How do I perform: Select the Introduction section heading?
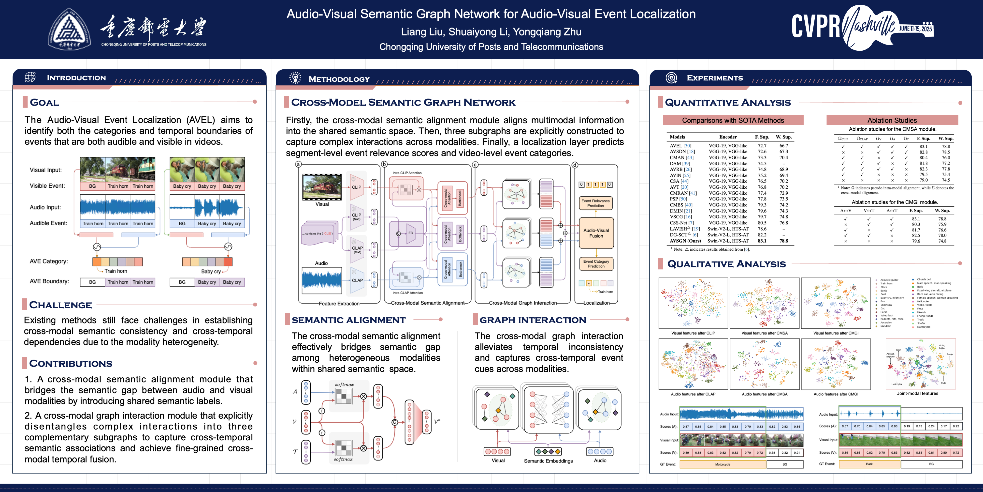click(76, 78)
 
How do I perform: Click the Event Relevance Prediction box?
click(595, 203)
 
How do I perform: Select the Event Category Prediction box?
click(596, 263)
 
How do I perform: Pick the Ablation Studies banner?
click(892, 120)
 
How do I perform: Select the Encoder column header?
click(728, 137)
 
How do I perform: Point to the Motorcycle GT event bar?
click(722, 464)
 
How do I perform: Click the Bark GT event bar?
click(869, 464)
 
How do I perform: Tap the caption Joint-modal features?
click(917, 393)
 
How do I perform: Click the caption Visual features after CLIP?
click(693, 333)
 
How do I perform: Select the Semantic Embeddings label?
click(548, 461)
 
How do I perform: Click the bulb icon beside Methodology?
click(295, 78)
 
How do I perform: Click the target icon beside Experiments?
click(671, 78)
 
